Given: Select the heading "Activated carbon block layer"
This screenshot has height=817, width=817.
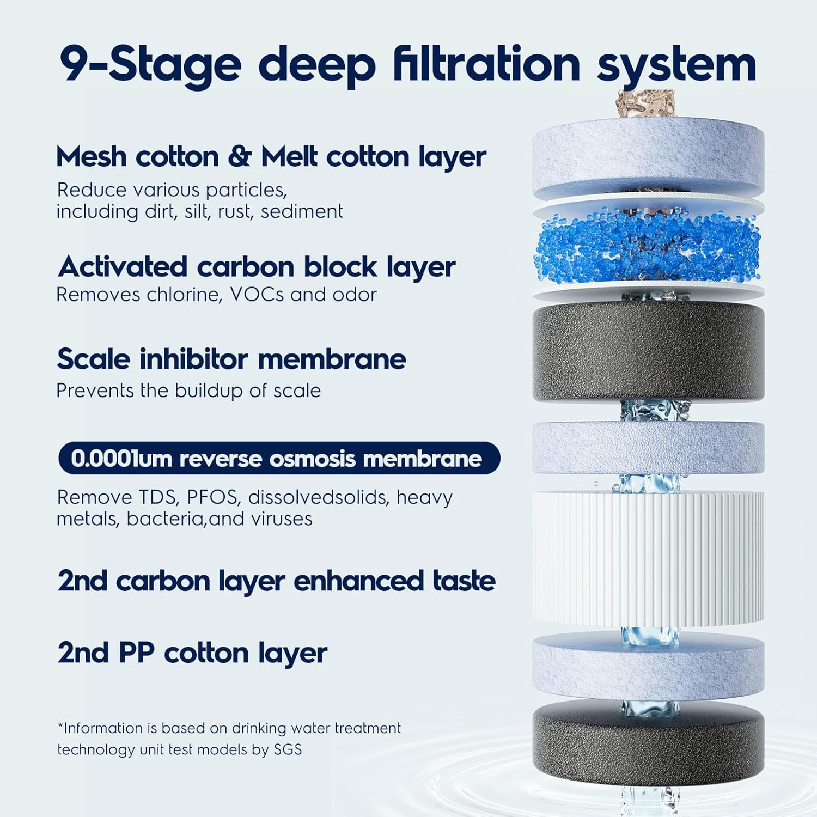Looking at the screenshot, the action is coord(257,267).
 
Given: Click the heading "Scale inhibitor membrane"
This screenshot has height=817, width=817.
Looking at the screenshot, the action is coord(231,359).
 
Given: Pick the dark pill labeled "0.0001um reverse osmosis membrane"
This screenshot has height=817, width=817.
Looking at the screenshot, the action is coord(279,458).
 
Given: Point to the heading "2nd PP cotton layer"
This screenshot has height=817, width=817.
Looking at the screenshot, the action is coord(192,653).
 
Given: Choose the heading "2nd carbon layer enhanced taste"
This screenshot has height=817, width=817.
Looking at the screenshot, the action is coord(277,581).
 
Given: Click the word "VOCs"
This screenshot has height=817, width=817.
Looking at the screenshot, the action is coord(257,295).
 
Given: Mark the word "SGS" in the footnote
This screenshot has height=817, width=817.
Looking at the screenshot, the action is coord(288,749).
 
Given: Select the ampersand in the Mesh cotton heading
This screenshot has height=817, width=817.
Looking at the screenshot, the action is coord(240,157).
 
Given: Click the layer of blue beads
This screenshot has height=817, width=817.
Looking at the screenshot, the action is coord(648,246).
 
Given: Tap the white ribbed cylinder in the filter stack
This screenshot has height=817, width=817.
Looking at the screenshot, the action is coord(648,559).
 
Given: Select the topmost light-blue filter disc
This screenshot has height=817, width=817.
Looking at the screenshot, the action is coord(648,158).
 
